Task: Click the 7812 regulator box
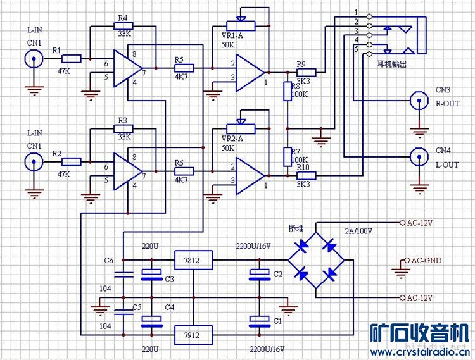point(193,259)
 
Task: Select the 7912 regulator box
point(193,333)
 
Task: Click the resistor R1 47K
point(72,59)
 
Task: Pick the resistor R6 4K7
point(184,171)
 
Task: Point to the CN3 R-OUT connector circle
point(418,101)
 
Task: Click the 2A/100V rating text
point(358,230)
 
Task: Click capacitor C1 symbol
point(258,320)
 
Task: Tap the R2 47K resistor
point(72,162)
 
